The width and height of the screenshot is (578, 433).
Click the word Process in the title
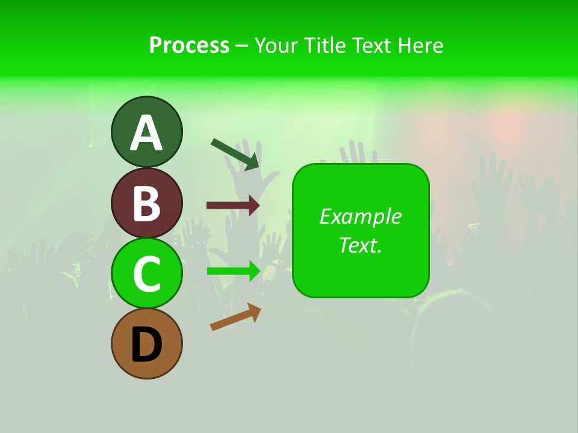pyautogui.click(x=189, y=45)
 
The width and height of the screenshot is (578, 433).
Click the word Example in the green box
pyautogui.click(x=361, y=216)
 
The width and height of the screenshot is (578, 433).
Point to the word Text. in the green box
pyautogui.click(x=361, y=245)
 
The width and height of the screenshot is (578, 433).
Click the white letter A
pyautogui.click(x=146, y=134)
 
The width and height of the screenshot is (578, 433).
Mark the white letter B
pyautogui.click(x=146, y=204)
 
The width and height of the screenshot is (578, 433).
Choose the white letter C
pyautogui.click(x=146, y=274)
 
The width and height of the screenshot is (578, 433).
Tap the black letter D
pyautogui.click(x=146, y=345)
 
